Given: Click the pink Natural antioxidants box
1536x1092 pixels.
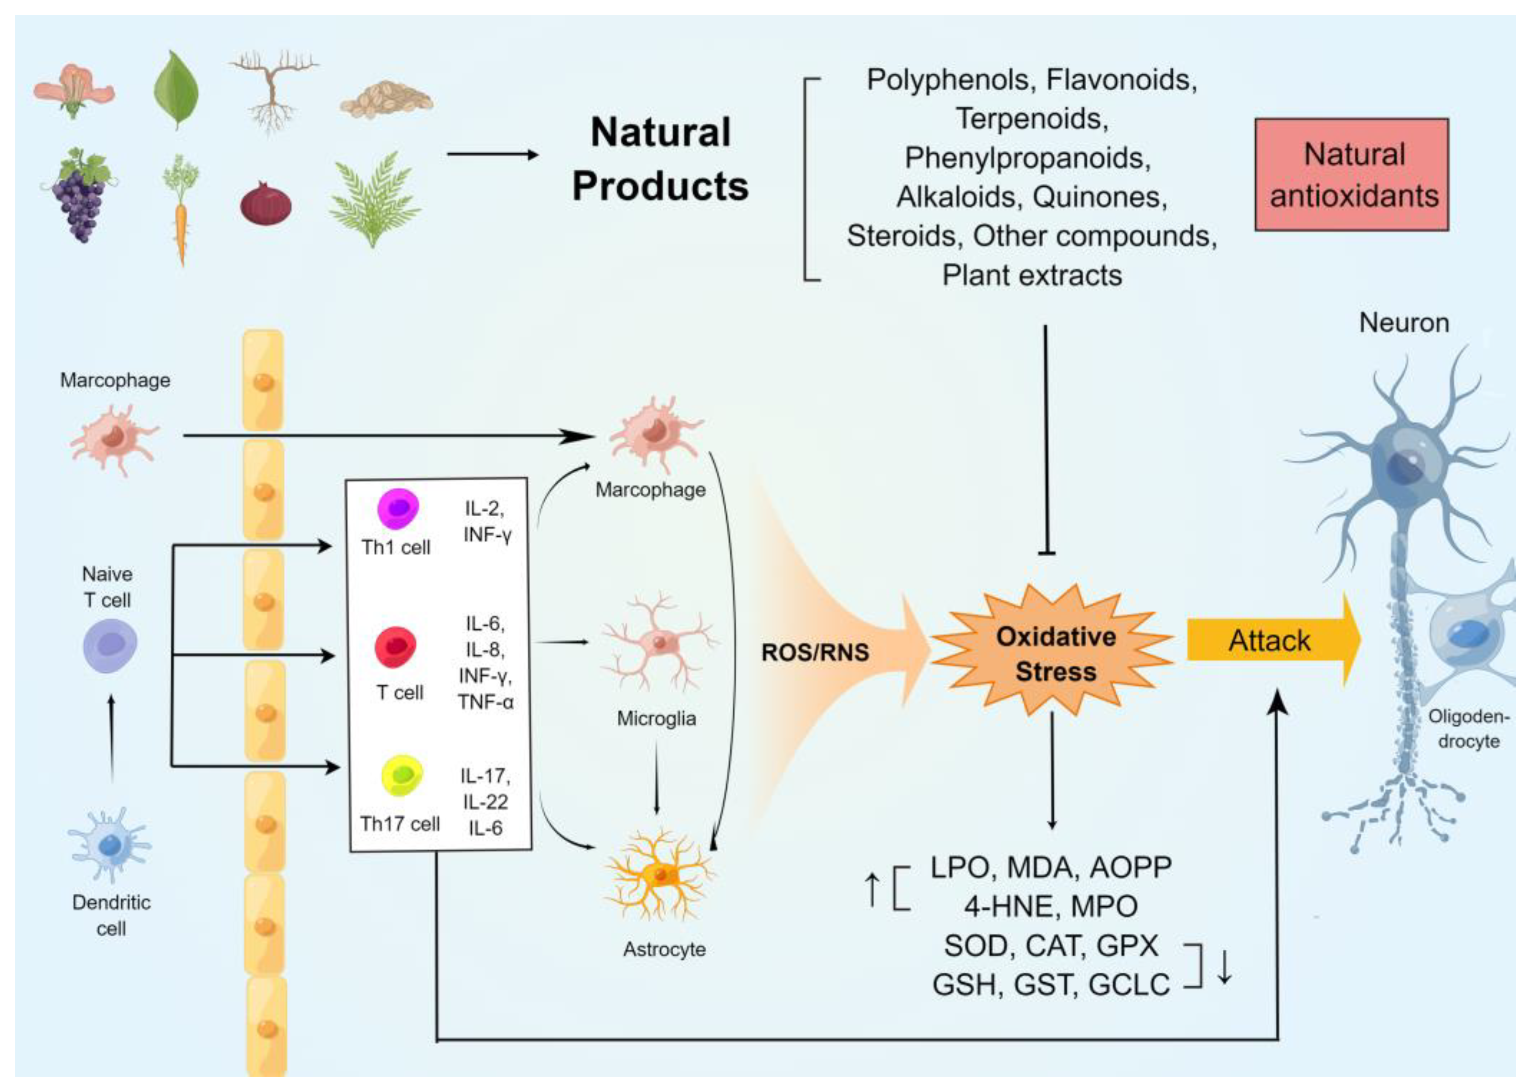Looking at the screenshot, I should coord(1351,175).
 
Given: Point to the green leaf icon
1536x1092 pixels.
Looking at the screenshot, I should coord(176,90).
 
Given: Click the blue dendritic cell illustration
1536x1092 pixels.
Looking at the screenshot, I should coord(109,844).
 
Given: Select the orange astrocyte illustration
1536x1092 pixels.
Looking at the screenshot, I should coord(661,874).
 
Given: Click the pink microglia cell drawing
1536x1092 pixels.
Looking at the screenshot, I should coord(659,642).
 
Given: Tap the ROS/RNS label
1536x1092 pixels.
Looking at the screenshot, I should coord(815,652).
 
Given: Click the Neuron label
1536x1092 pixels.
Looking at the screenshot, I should coord(1404,323).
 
